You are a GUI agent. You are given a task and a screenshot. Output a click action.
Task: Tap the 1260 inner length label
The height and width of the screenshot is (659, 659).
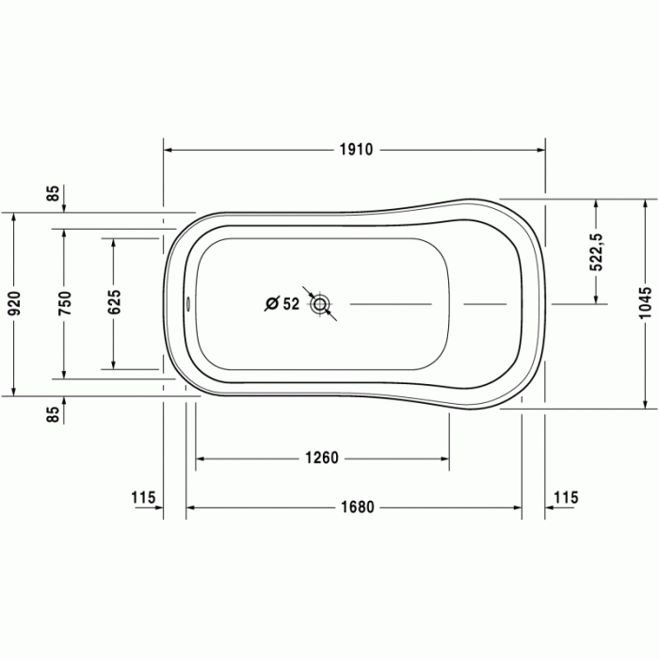coord(322,458)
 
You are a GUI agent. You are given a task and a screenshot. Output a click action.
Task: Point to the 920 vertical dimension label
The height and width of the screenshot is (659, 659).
coord(13,303)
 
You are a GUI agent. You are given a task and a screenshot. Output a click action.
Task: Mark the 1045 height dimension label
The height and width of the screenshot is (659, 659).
coord(645,303)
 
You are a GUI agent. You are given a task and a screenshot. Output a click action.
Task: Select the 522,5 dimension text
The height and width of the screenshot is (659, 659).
coord(596,251)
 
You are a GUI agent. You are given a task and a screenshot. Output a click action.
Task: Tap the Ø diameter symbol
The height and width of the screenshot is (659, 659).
coord(271,303)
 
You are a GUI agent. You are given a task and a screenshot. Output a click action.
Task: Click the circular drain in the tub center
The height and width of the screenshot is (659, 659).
coord(322,303)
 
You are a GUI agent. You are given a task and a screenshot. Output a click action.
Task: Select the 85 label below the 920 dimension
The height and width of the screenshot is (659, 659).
coord(54,412)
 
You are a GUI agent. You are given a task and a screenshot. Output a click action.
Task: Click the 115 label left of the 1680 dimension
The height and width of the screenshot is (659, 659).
coord(143,497)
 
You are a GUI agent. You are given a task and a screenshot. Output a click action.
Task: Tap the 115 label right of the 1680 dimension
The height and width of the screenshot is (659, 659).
coord(567,497)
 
